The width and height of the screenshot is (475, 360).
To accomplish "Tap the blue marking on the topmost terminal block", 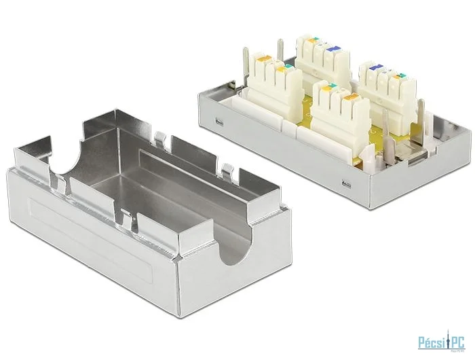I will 332,50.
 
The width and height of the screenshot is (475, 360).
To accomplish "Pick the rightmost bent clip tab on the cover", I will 227,170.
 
